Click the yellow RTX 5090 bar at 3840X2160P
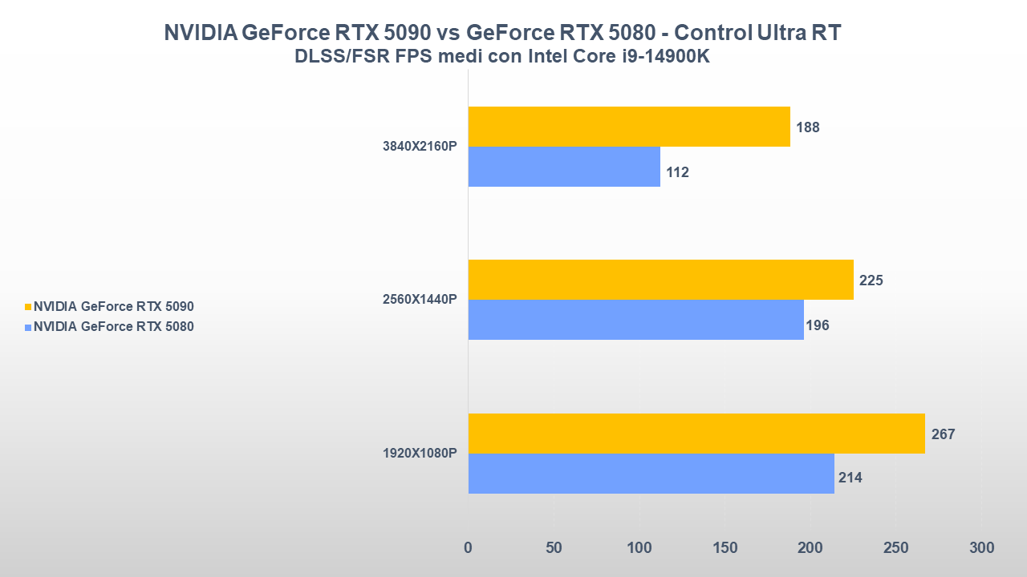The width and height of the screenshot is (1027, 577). click(629, 127)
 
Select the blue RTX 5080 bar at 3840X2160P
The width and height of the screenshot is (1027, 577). click(564, 167)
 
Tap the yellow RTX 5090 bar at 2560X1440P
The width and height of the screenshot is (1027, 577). click(660, 280)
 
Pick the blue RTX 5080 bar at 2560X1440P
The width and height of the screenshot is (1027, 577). click(635, 320)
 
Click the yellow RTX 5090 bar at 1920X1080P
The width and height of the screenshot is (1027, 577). click(696, 434)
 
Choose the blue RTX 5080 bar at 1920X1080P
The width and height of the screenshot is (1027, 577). click(651, 474)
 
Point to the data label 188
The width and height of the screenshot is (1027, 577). click(807, 127)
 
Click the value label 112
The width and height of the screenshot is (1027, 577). click(677, 172)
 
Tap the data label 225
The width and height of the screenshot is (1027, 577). click(871, 280)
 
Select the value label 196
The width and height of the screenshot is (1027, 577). click(817, 325)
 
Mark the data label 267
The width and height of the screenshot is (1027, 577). click(943, 434)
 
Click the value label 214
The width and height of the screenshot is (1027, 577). click(850, 478)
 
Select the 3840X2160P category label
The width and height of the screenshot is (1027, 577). click(420, 147)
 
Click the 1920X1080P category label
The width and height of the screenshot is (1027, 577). click(420, 454)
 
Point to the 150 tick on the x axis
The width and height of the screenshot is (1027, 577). click(725, 548)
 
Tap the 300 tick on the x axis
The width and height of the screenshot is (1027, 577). click(981, 548)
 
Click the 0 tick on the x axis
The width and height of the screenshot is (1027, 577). click(469, 548)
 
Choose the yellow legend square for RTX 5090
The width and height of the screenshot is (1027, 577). click(28, 306)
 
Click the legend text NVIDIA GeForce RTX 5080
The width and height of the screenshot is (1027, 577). click(113, 326)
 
